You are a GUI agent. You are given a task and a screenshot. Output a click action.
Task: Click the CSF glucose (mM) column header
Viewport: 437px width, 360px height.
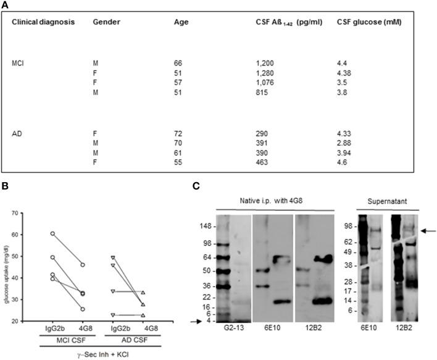tap(367, 22)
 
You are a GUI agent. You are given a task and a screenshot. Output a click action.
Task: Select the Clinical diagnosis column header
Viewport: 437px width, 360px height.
tap(43, 22)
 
